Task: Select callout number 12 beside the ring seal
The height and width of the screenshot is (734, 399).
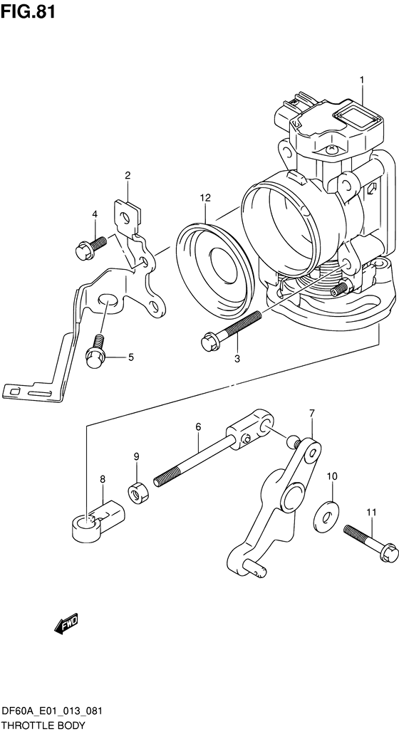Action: pos(204,197)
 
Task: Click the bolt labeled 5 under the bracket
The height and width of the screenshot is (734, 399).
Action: pos(94,355)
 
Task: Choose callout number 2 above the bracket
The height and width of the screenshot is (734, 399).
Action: pos(128,175)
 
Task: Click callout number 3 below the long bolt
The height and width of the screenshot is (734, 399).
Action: pos(237,359)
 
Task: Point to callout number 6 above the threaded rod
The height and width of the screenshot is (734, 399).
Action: pos(198,426)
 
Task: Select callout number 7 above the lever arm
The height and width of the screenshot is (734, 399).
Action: pos(311,414)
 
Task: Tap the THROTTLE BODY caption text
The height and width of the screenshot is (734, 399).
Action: pos(43,725)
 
